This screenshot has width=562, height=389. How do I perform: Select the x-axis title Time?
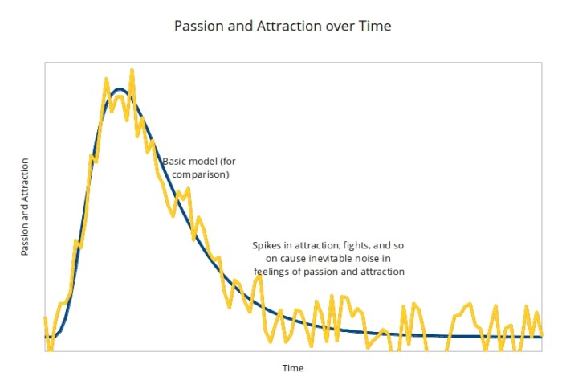click(292, 368)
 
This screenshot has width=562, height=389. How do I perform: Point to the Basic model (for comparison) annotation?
click(200, 167)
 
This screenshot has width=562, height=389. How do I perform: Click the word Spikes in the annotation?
click(267, 245)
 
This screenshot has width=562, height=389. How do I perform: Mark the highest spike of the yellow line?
click(131, 71)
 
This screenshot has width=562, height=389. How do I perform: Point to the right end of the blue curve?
click(541, 336)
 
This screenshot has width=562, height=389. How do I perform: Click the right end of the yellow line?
click(542, 333)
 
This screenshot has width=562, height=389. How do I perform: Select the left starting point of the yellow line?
click(45, 319)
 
